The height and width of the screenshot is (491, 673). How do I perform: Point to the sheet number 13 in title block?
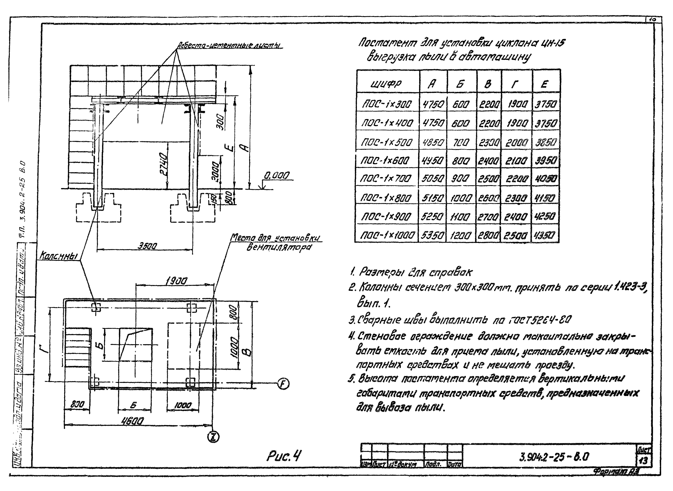[x=644, y=461]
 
